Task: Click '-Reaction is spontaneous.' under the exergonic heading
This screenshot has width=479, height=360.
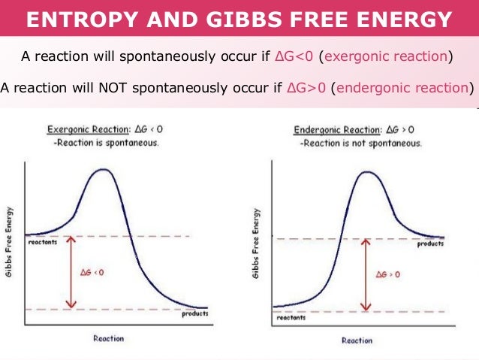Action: pyautogui.click(x=106, y=143)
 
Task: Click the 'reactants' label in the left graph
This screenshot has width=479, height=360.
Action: pyautogui.click(x=44, y=243)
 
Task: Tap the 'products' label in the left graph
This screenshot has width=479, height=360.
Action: pyautogui.click(x=194, y=314)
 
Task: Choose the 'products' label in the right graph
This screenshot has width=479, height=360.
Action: pyautogui.click(x=430, y=245)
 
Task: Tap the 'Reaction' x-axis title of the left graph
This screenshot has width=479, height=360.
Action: pyautogui.click(x=109, y=339)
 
